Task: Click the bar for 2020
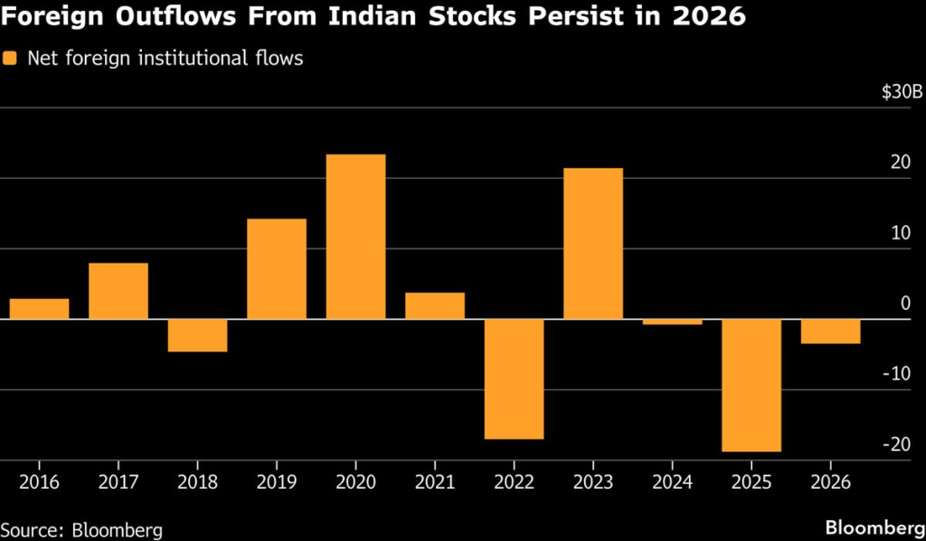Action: (355, 237)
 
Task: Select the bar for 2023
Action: (592, 244)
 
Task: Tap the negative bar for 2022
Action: (514, 379)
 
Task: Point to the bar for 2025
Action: (751, 386)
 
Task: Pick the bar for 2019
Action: (277, 269)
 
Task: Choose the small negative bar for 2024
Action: (672, 322)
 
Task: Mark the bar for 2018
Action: (197, 335)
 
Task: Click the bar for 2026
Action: (830, 331)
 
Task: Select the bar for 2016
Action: (39, 309)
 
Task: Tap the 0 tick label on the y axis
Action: (905, 303)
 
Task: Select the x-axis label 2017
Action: (118, 481)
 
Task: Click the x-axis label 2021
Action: (434, 481)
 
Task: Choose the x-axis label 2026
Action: (830, 481)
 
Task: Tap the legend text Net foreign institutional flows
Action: (164, 59)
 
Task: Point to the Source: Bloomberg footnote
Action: (75, 528)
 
